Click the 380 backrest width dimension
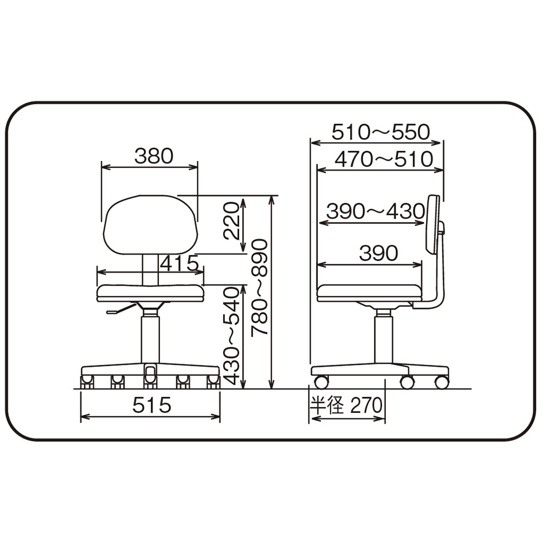pos(154,156)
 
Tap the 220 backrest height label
pos(231,221)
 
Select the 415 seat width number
pos(179,264)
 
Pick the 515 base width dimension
pos(152,405)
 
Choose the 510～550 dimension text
pos(381,132)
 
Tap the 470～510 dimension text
pos(384,159)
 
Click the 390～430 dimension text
pos(376,211)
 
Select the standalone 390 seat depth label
pos(378,253)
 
